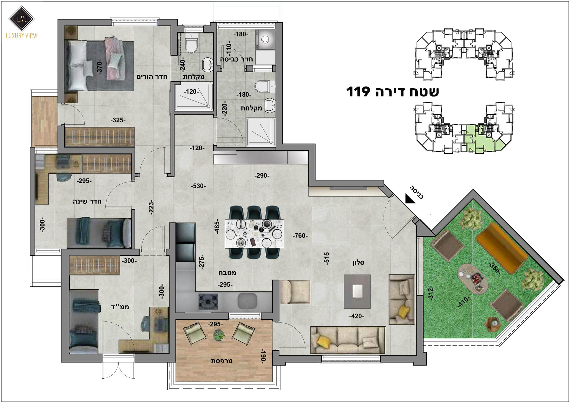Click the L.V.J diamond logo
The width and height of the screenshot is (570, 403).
pyautogui.click(x=21, y=18)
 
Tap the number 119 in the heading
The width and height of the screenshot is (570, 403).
pyautogui.click(x=358, y=92)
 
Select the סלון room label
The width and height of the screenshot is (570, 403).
pyautogui.click(x=358, y=263)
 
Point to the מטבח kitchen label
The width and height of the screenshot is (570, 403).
pyautogui.click(x=227, y=273)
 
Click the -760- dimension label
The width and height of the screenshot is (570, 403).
pyautogui.click(x=300, y=236)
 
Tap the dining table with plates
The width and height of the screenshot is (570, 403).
pyautogui.click(x=254, y=233)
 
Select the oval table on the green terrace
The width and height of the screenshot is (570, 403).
pyautogui.click(x=473, y=279)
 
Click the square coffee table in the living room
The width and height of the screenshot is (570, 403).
pyautogui.click(x=357, y=291)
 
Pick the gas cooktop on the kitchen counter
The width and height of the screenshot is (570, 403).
pyautogui.click(x=208, y=302)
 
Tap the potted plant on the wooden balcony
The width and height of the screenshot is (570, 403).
pyautogui.click(x=219, y=335)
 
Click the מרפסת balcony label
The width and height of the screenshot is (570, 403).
pyautogui.click(x=221, y=361)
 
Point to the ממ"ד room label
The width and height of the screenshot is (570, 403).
pyautogui.click(x=120, y=307)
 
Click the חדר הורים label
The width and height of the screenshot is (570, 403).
pyautogui.click(x=152, y=77)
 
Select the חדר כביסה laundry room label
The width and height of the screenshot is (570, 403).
pyautogui.click(x=236, y=59)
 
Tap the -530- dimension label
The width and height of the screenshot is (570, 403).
pyautogui.click(x=198, y=186)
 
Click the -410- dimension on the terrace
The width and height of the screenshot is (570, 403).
pyautogui.click(x=464, y=302)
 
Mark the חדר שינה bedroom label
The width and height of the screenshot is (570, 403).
pyautogui.click(x=87, y=201)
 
